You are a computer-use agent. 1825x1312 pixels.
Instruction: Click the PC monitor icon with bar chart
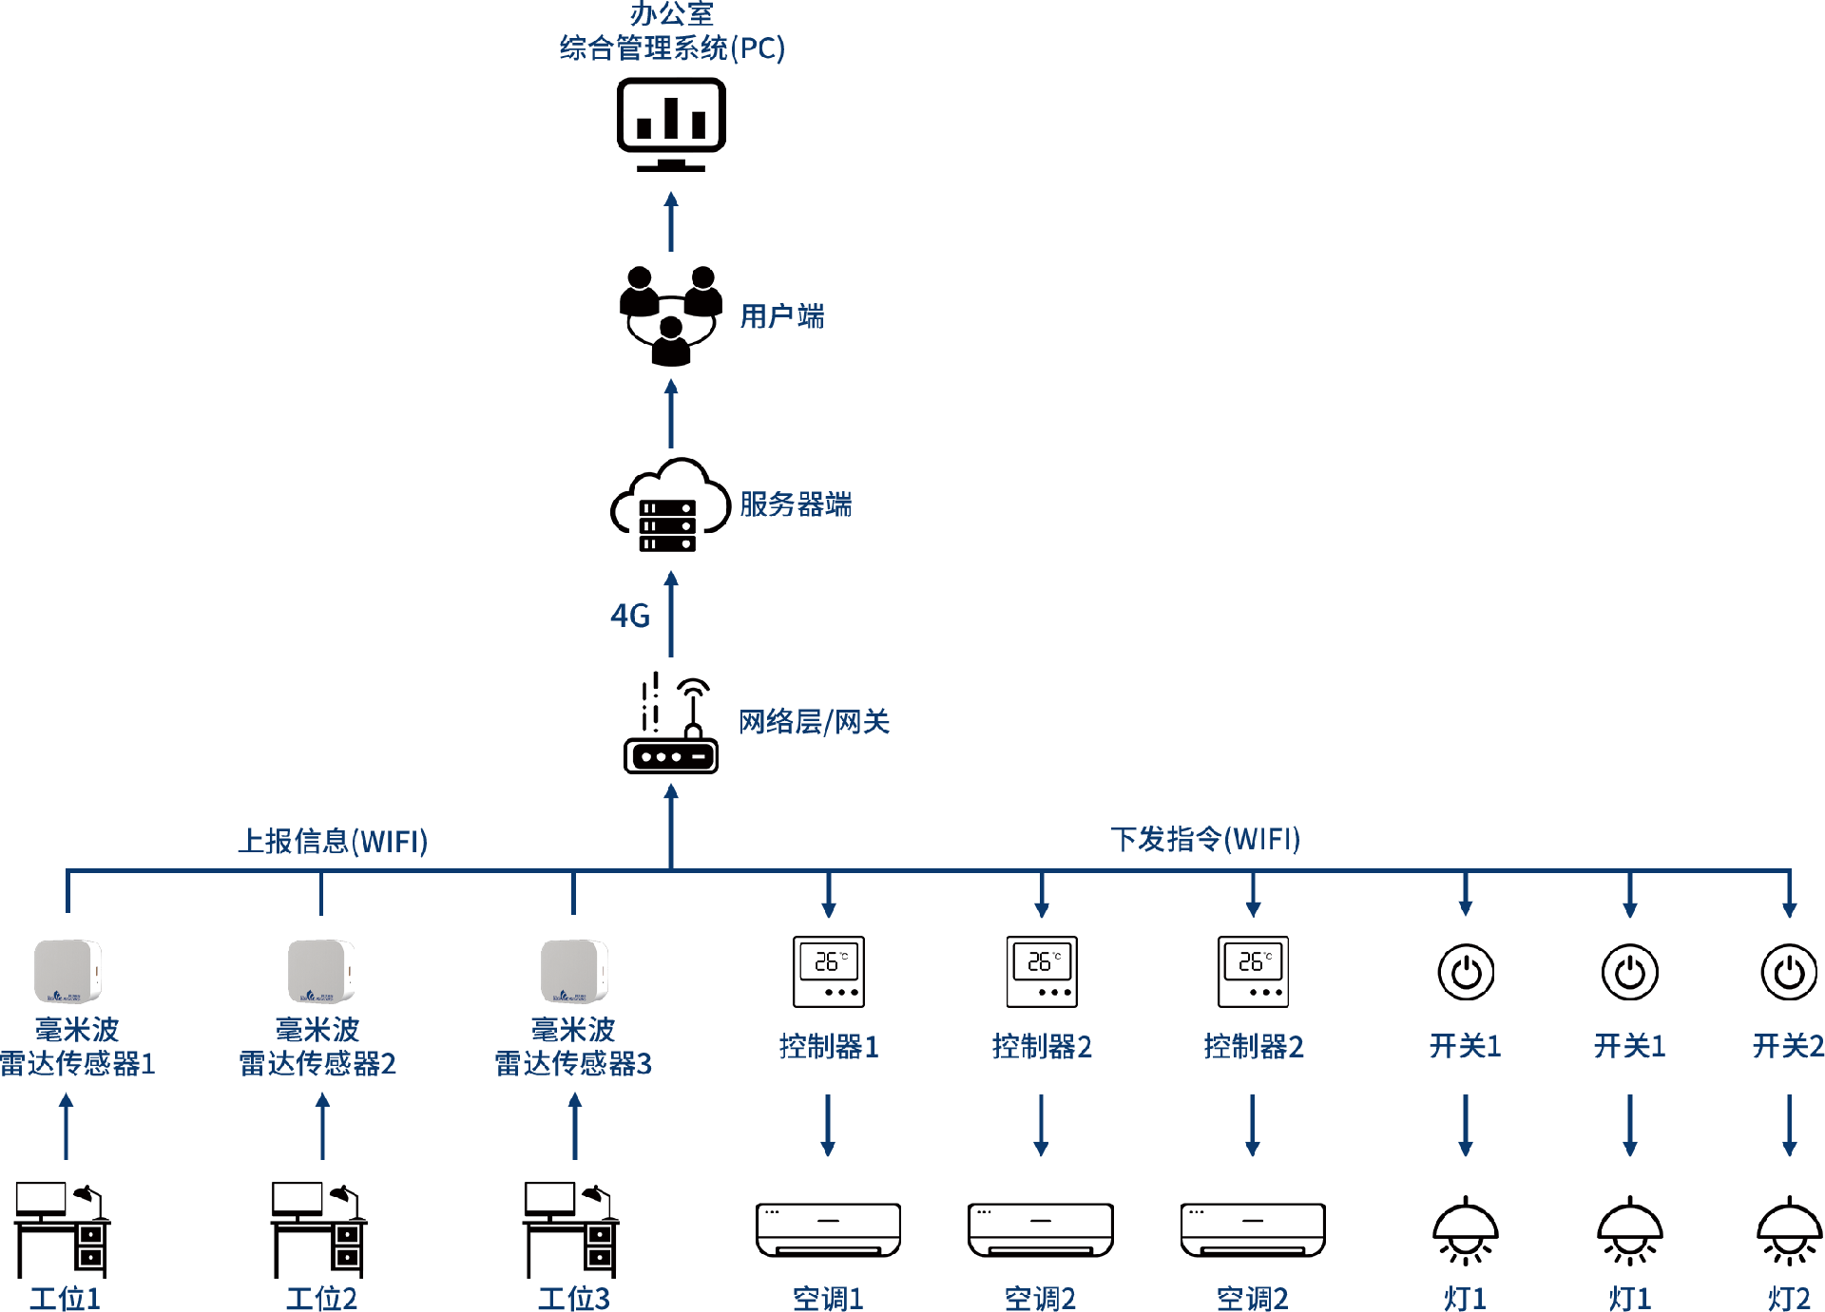click(x=671, y=124)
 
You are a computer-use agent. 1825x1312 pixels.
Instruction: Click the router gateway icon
click(x=671, y=727)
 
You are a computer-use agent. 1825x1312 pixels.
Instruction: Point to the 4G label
click(x=630, y=616)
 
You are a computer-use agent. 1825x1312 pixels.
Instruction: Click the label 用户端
click(x=782, y=316)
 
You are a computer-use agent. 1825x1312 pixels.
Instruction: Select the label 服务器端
click(x=796, y=504)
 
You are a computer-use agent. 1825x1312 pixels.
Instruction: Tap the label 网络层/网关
click(x=814, y=722)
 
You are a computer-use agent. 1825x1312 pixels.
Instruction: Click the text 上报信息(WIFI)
click(x=333, y=841)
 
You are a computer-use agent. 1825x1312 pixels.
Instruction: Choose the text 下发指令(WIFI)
click(x=1205, y=839)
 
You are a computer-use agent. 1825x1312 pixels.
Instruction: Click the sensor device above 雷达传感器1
click(x=67, y=971)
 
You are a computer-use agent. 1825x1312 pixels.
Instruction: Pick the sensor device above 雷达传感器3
click(x=574, y=971)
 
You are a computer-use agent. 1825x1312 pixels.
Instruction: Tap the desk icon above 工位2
click(x=319, y=1229)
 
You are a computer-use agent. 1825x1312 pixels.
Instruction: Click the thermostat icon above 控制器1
click(x=829, y=971)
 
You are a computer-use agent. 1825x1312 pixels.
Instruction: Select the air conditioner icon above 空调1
click(x=828, y=1229)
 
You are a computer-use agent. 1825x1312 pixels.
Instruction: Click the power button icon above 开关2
click(x=1789, y=972)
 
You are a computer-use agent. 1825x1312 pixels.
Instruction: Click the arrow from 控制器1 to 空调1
click(x=828, y=1125)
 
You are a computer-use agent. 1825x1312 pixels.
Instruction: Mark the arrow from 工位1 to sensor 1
click(x=67, y=1126)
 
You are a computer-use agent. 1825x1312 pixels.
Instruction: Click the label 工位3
click(x=574, y=1298)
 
